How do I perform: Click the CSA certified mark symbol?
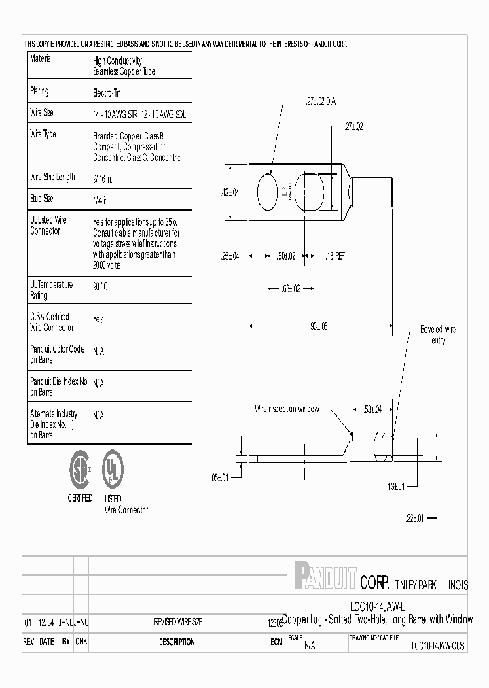(x=80, y=468)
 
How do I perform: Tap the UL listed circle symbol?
(x=113, y=468)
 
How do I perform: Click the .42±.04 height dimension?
(x=231, y=192)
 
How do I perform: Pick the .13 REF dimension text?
(x=335, y=256)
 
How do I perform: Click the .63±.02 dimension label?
(x=291, y=288)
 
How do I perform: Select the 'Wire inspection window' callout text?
(x=285, y=409)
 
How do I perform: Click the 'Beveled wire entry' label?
(x=438, y=334)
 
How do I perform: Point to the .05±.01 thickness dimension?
(x=221, y=478)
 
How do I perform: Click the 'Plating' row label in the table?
(x=39, y=91)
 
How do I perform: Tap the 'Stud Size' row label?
(x=42, y=199)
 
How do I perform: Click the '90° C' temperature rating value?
(x=101, y=287)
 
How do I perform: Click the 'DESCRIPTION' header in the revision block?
(x=177, y=642)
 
